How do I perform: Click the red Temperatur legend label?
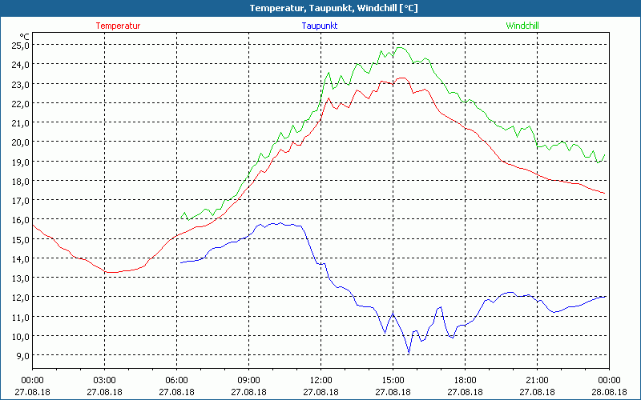point(118,26)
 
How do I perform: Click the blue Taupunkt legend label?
point(319,26)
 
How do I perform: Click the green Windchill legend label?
point(522,26)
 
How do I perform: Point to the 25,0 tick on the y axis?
point(19,45)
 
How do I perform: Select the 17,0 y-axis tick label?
point(19,200)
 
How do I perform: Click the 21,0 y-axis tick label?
point(19,122)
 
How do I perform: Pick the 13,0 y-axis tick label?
point(19,278)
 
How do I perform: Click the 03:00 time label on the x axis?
point(104,380)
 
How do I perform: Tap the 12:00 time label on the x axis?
point(320,380)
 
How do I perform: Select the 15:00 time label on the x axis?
point(393,380)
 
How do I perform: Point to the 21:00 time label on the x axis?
point(537,380)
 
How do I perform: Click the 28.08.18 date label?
point(609,392)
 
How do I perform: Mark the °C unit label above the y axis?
point(25,36)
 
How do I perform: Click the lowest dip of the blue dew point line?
point(409,353)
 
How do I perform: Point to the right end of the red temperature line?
point(605,193)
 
